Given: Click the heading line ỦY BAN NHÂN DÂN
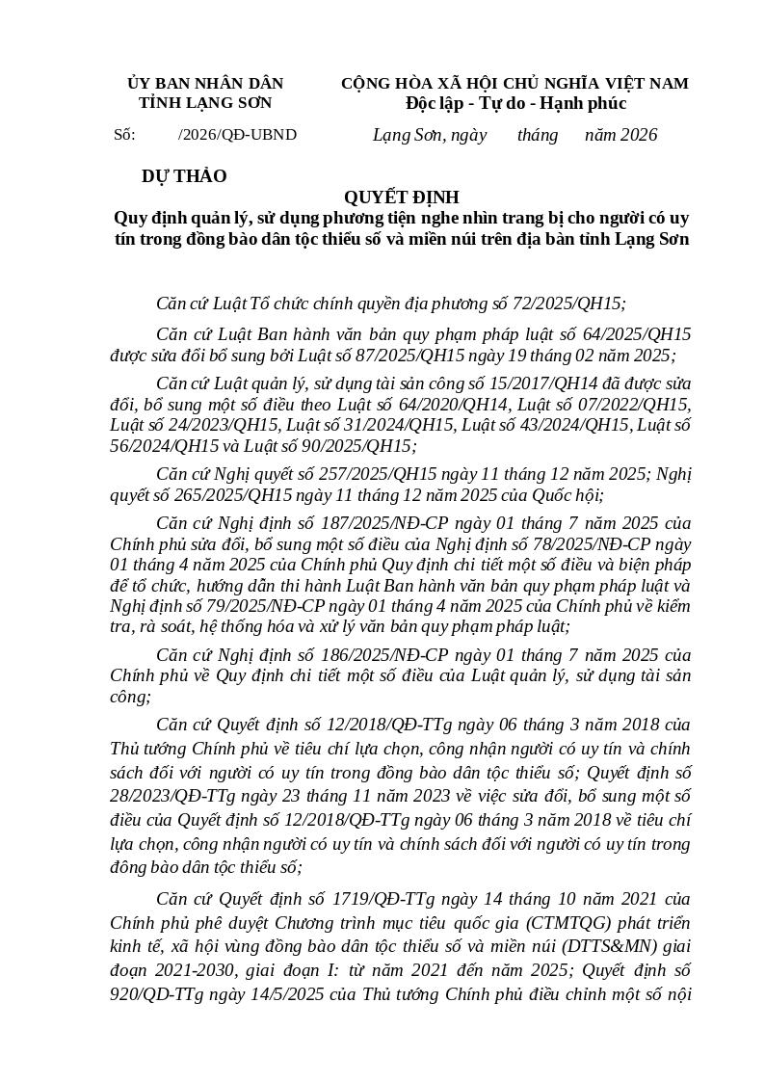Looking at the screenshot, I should (205, 84).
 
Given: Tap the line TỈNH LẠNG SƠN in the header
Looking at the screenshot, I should (205, 103).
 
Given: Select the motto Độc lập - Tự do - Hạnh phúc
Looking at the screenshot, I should (515, 103).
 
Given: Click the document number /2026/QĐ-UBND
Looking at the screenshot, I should (237, 135).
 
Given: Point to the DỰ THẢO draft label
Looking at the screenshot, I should (184, 176).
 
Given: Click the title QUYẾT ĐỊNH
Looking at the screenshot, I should (402, 198).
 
